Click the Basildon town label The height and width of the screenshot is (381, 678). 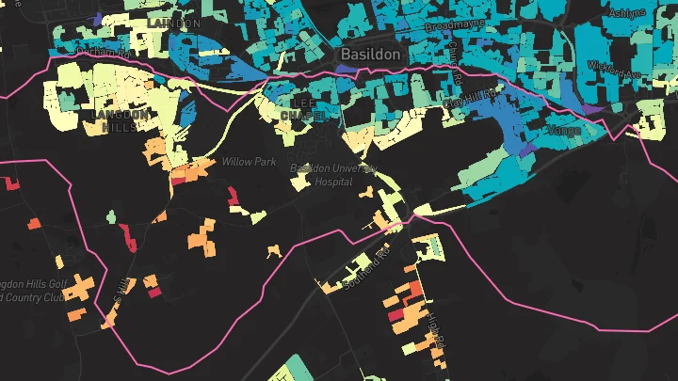tap(371, 55)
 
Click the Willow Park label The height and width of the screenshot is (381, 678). tap(249, 162)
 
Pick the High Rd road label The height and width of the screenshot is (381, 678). tap(434, 328)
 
